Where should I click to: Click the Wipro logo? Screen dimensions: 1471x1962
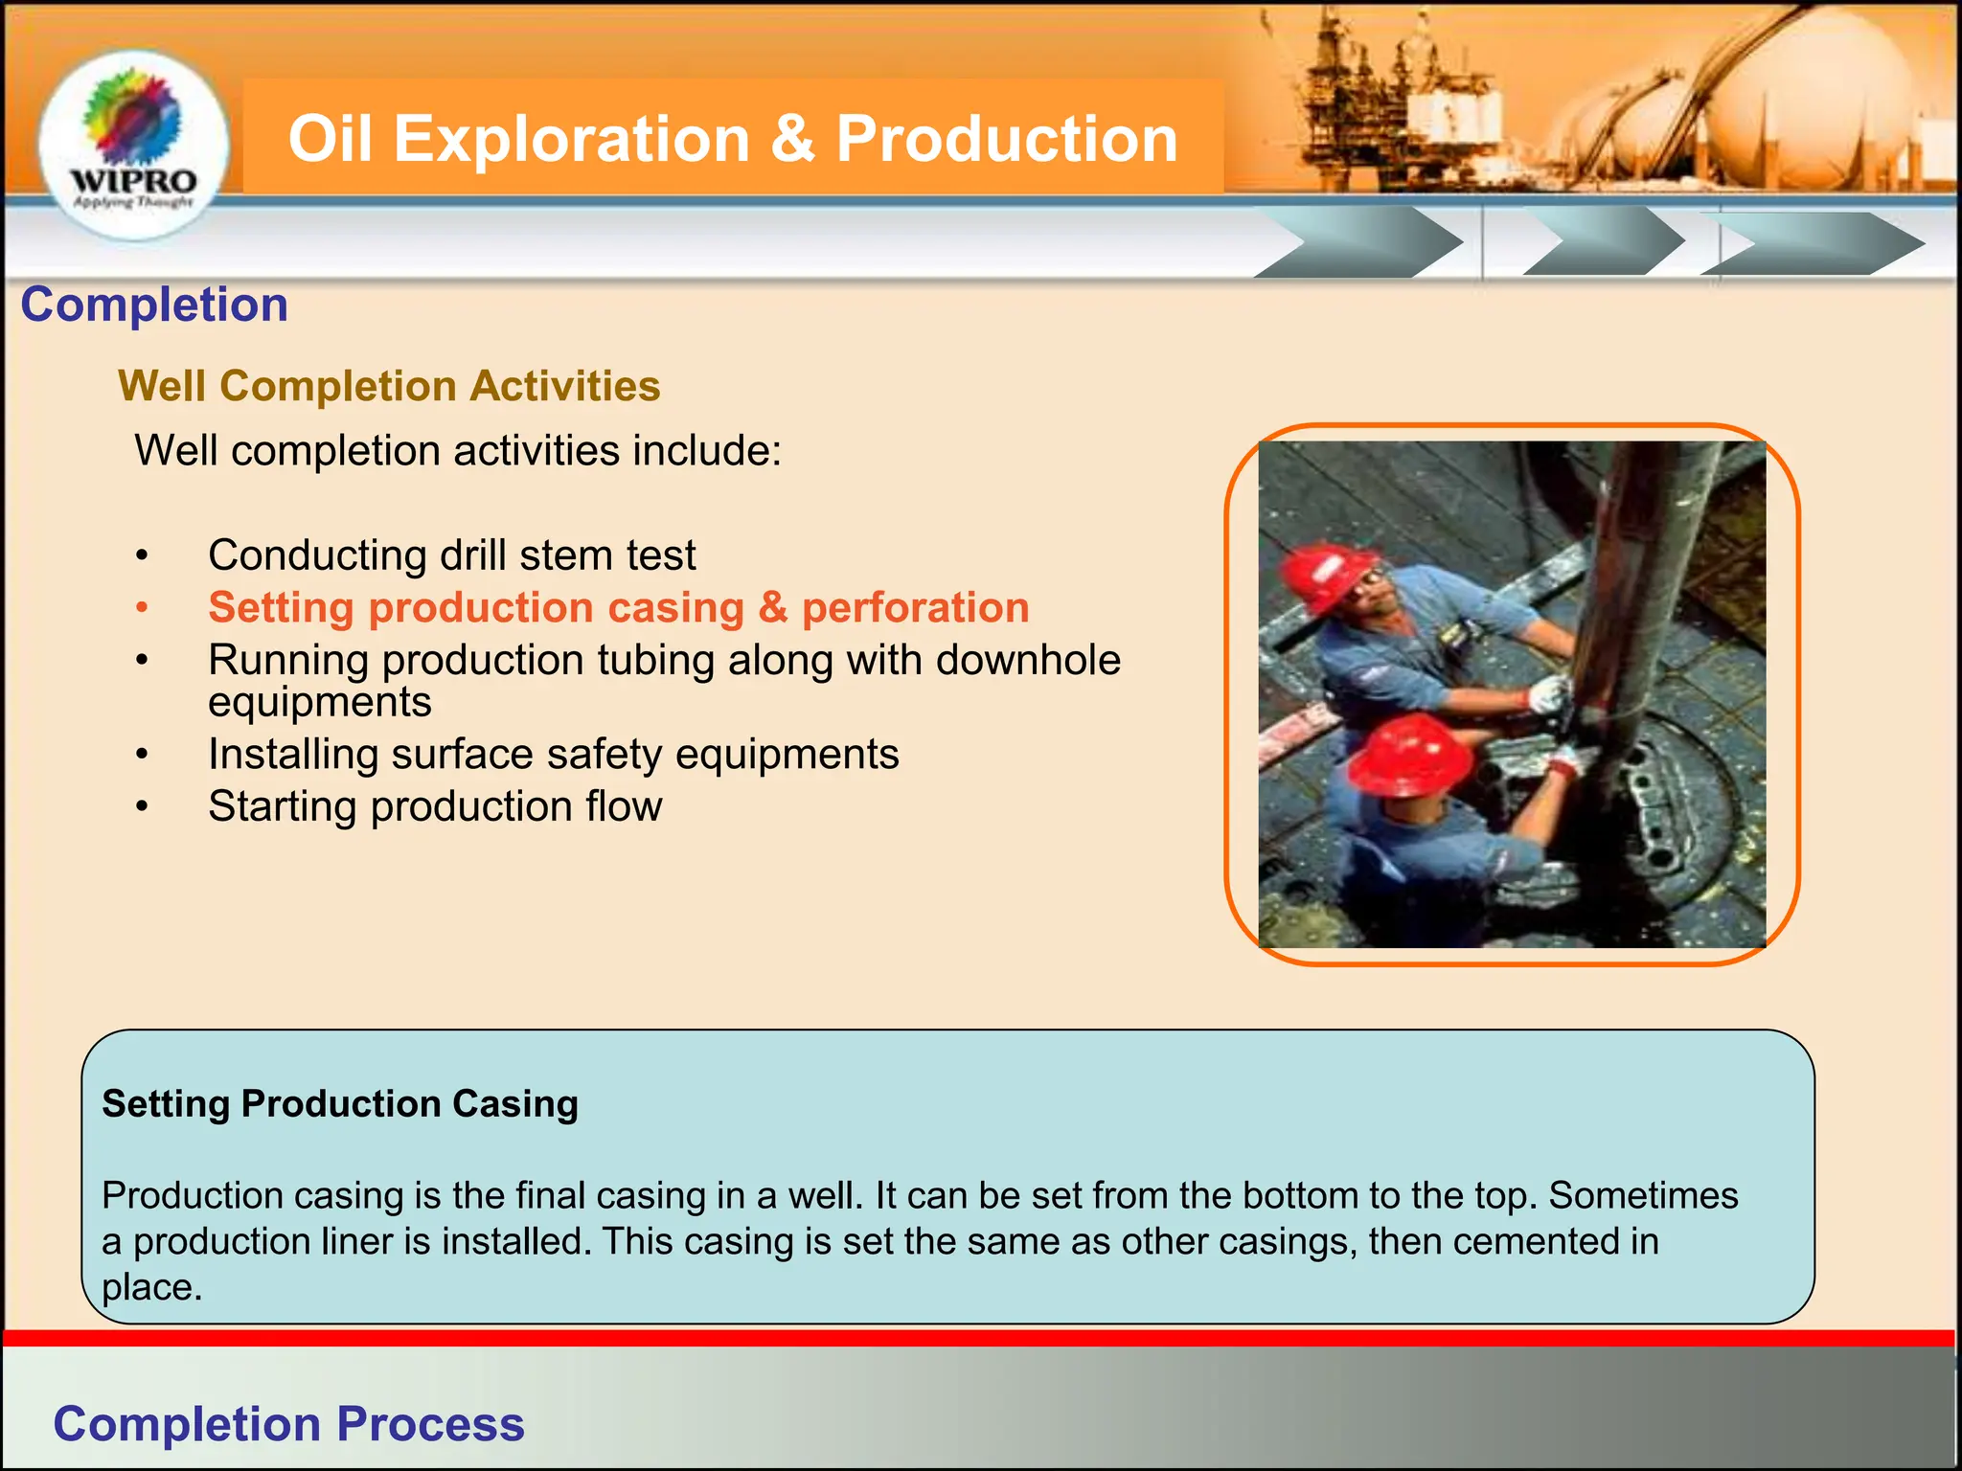click(134, 144)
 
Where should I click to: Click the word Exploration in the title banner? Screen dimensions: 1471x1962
click(571, 139)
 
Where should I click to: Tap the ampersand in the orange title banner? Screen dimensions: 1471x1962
click(792, 139)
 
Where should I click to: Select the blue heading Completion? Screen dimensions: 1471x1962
click(154, 305)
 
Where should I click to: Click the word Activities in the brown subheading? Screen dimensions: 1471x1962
click(565, 386)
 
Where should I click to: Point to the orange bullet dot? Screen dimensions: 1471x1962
click(142, 608)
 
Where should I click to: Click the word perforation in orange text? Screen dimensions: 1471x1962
click(915, 608)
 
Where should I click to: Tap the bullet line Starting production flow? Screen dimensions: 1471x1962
click(435, 806)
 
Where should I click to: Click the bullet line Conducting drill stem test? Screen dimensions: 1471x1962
click(451, 555)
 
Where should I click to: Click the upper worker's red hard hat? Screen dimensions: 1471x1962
click(1327, 575)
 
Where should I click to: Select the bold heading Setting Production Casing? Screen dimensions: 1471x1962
click(340, 1103)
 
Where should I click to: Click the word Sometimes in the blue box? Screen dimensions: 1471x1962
click(1643, 1195)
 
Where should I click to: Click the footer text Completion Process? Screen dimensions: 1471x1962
click(288, 1424)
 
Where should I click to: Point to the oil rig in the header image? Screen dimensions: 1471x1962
click(1380, 96)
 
